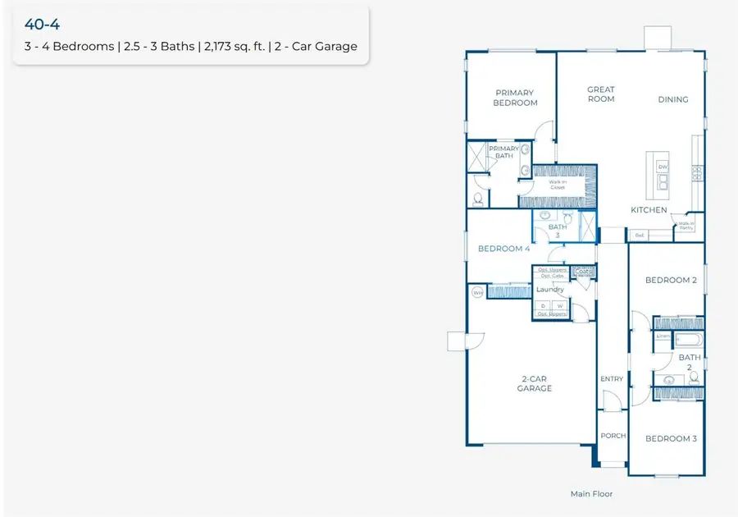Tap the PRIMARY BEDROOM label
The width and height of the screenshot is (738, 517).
click(x=515, y=98)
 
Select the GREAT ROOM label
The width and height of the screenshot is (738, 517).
click(x=600, y=94)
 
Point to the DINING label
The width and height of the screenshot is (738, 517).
click(x=672, y=99)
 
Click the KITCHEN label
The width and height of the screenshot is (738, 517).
click(x=649, y=210)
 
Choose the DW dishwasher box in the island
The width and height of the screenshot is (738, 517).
click(x=663, y=167)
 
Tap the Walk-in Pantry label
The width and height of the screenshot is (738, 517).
click(x=686, y=226)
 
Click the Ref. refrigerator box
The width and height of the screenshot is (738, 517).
click(x=639, y=236)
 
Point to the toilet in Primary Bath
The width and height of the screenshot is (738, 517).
click(x=479, y=199)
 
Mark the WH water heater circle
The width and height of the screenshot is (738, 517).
click(x=477, y=291)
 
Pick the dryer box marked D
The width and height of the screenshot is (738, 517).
click(x=542, y=305)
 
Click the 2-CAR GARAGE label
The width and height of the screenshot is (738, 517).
click(x=534, y=383)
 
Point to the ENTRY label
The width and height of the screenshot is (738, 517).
click(x=612, y=378)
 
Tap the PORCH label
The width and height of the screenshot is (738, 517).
click(x=612, y=436)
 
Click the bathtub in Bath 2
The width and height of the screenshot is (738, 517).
click(x=687, y=337)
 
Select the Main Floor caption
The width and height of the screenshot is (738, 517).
click(x=591, y=494)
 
